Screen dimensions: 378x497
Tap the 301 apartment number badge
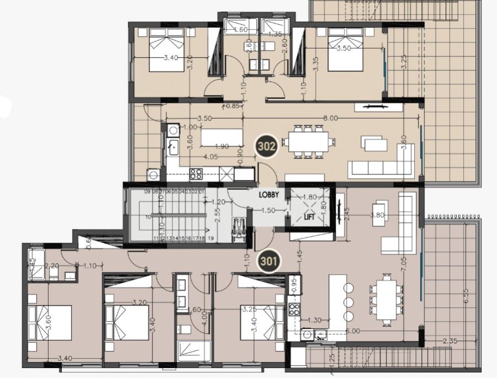click(268, 259)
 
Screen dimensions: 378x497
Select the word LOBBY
click(273, 195)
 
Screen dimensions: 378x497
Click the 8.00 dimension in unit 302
click(331, 118)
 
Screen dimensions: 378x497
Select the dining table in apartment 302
click(309, 142)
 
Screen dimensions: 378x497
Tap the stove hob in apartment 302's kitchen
click(196, 173)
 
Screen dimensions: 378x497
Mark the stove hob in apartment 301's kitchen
click(294, 310)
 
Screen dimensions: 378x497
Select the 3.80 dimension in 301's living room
click(378, 215)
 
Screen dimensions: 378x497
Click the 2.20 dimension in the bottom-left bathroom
click(52, 265)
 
